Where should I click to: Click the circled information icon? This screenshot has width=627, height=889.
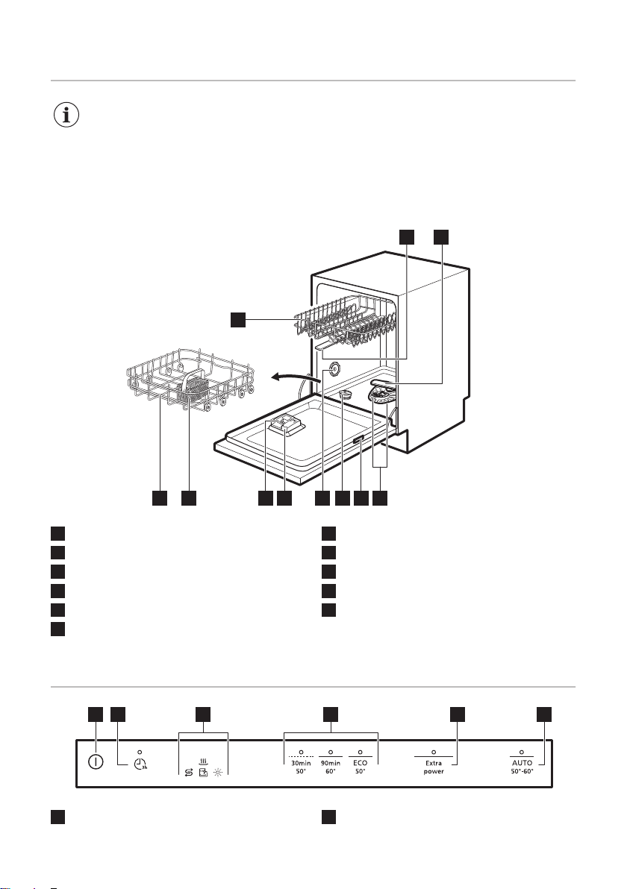coord(66,115)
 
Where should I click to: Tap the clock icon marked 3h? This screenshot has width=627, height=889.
coord(140,764)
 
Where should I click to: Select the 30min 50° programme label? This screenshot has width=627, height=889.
coord(301,767)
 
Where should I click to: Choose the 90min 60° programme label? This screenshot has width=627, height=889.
coord(330,767)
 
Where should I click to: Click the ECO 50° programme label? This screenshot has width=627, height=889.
coord(360,767)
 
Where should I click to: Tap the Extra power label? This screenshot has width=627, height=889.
coord(434,767)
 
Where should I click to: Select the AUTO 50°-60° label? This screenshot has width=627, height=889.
coord(522,767)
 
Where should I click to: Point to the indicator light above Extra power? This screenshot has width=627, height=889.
coord(434,752)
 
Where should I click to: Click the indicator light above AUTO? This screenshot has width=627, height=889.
coord(522,752)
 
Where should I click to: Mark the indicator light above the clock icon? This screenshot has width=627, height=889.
coord(140,751)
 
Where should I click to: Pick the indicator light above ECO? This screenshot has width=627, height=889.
coord(360,752)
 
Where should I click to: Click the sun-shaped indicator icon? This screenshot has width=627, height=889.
coord(218,773)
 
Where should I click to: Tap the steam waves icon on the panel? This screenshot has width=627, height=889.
coord(203,762)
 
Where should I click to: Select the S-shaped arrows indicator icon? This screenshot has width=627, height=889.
coord(189,773)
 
